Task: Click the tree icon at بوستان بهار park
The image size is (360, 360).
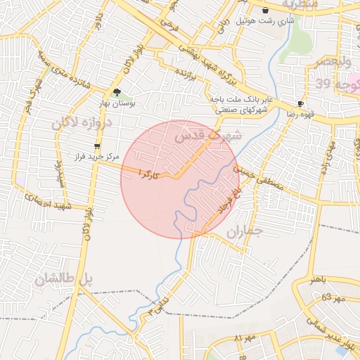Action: tap(117, 92)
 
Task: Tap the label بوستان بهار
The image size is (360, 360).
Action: tap(118, 104)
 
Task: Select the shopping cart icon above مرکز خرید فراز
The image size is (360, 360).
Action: tap(96, 146)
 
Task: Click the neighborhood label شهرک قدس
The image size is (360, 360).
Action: tap(211, 136)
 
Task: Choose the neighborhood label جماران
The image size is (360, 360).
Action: tap(245, 232)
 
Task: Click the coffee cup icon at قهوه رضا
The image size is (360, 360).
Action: tap(300, 103)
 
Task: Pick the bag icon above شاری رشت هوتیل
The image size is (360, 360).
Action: tap(265, 11)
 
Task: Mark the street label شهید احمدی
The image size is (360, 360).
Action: tap(45, 202)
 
